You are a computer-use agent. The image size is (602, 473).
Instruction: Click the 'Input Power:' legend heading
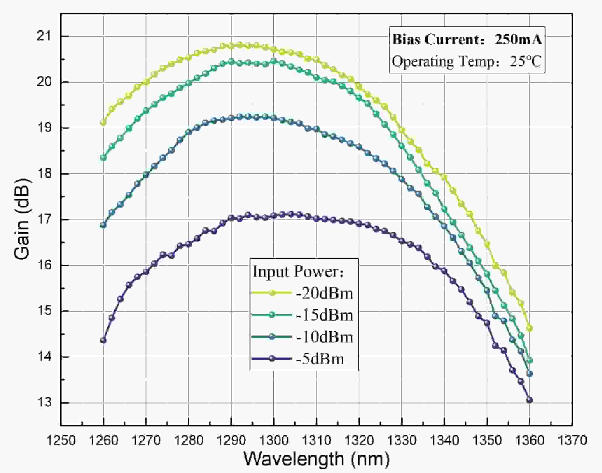[x=299, y=272]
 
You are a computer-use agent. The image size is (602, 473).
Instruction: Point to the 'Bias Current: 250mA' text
[x=467, y=40]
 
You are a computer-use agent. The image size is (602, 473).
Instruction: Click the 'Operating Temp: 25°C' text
[x=466, y=62]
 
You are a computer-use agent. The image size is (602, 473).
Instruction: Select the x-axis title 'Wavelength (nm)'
[x=317, y=458]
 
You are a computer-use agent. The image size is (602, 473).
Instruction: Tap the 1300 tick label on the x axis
[x=274, y=440]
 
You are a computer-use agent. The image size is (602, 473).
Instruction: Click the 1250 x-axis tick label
[x=61, y=440]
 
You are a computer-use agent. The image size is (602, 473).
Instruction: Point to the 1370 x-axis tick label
[x=572, y=440]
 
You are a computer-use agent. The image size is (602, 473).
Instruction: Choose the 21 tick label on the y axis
[x=44, y=36]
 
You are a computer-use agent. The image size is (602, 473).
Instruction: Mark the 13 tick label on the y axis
[x=44, y=403]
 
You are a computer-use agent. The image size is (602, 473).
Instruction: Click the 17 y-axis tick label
[x=44, y=220]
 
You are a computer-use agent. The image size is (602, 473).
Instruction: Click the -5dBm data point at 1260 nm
[x=103, y=340]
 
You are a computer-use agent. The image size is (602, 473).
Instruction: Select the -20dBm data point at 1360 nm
[x=529, y=328]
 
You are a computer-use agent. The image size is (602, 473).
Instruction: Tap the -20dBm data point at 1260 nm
[x=103, y=123]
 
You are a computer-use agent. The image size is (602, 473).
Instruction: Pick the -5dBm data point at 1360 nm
[x=529, y=400]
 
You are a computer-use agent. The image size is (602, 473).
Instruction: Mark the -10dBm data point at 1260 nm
[x=103, y=225]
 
